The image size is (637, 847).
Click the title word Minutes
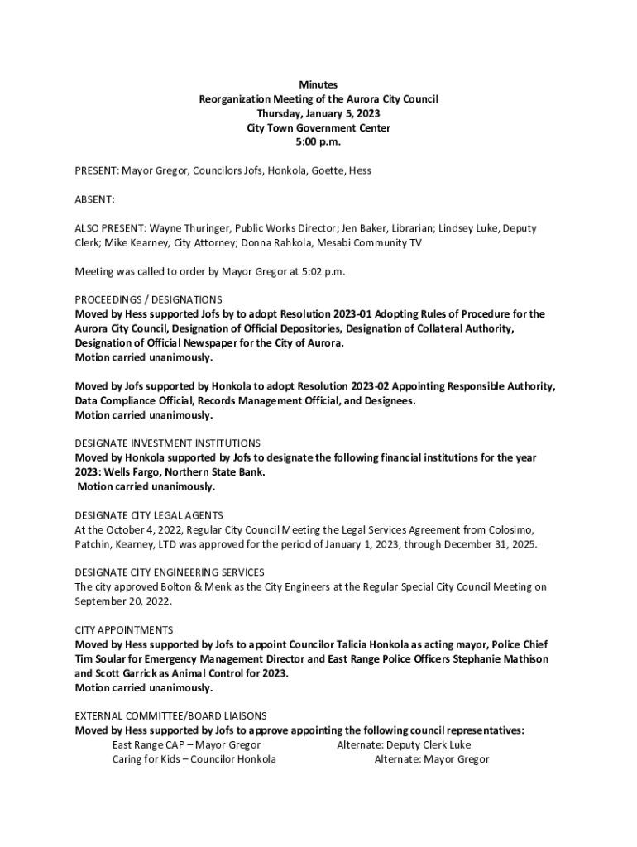point(318,84)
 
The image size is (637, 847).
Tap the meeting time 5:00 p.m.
point(318,142)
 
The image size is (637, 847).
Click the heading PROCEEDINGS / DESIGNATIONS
point(148,299)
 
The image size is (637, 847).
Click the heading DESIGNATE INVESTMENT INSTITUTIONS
point(168,443)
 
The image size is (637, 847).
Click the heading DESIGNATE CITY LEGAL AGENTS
point(149,515)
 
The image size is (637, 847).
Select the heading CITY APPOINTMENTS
point(124,630)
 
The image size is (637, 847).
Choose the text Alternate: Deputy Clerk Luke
point(404,744)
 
